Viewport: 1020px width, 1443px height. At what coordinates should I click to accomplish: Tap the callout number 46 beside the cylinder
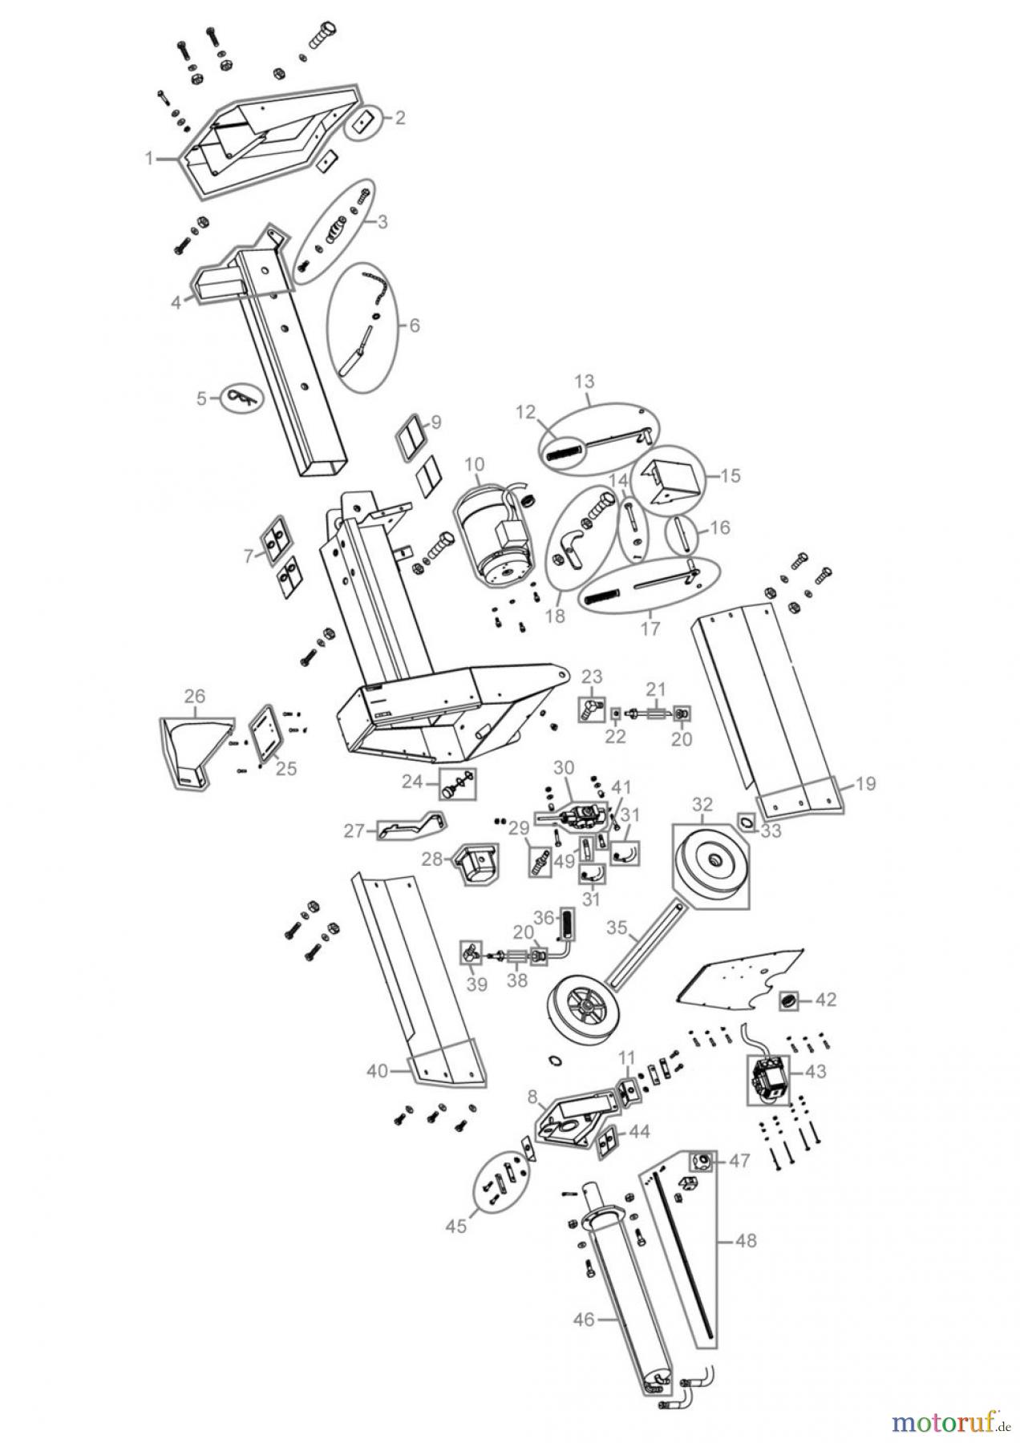pyautogui.click(x=585, y=1319)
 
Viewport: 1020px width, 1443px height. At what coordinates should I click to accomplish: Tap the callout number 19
pyautogui.click(x=865, y=783)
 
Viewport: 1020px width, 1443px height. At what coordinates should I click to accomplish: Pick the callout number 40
pyautogui.click(x=378, y=1070)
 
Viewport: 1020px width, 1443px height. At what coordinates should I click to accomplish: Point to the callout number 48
pyautogui.click(x=745, y=1241)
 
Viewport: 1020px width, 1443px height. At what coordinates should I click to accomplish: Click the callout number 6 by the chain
pyautogui.click(x=414, y=325)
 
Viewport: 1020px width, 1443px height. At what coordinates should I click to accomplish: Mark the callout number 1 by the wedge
pyautogui.click(x=148, y=159)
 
